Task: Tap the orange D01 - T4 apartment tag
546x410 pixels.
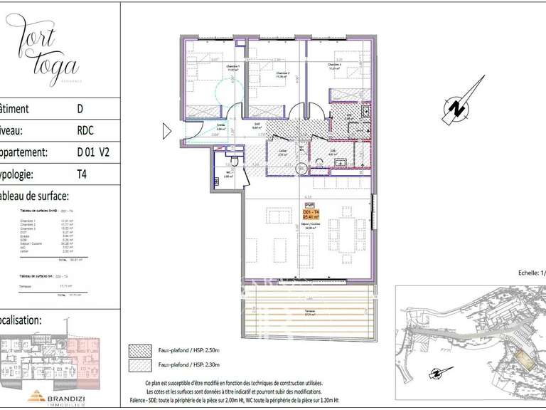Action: pyautogui.click(x=311, y=214)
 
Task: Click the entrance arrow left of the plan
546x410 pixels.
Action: pyautogui.click(x=167, y=131)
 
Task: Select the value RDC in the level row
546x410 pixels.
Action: pyautogui.click(x=85, y=130)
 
